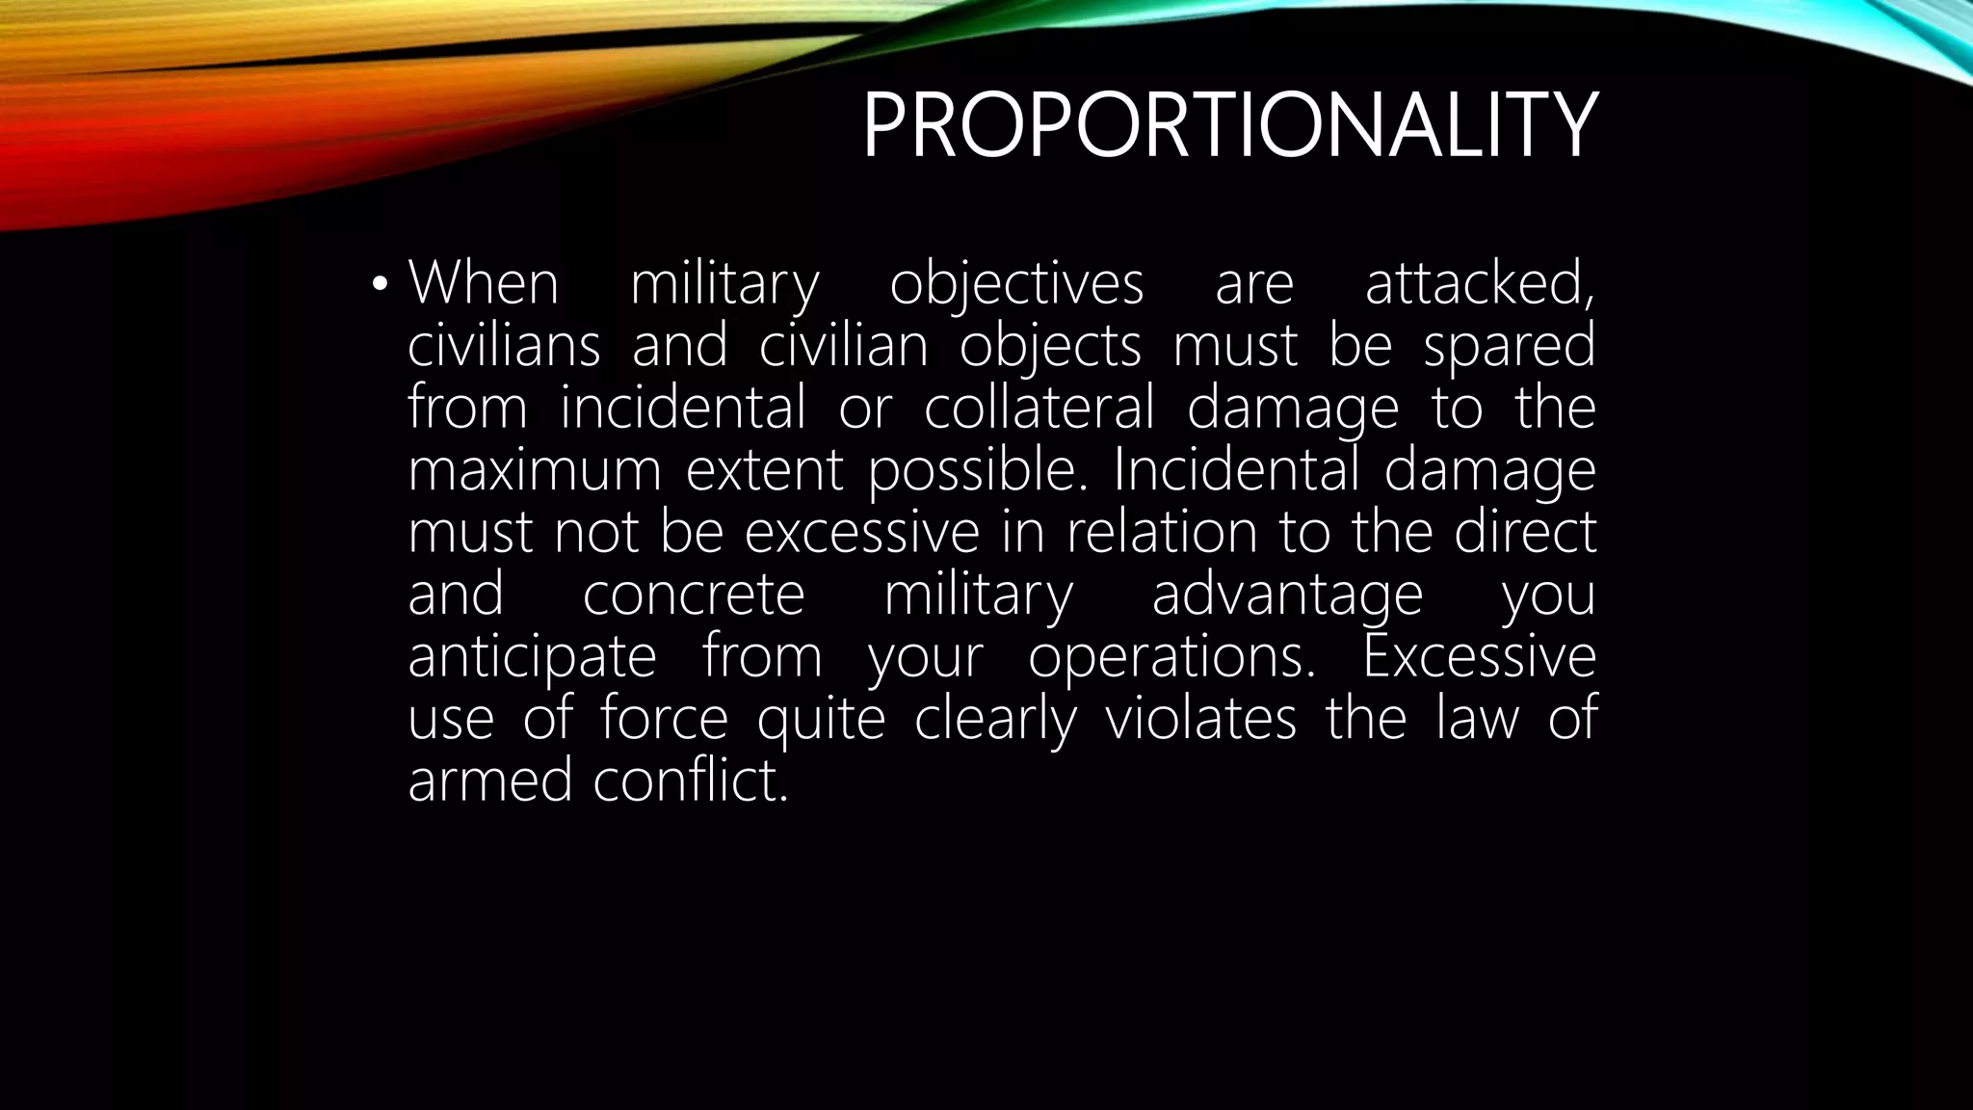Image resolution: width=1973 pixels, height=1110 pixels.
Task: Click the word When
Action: click(484, 283)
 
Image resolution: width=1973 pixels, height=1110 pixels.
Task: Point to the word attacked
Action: click(1480, 283)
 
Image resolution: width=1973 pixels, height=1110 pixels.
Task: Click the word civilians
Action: click(504, 346)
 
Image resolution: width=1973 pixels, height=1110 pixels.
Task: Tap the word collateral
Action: click(1039, 408)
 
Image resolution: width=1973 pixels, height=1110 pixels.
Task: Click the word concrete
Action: click(694, 595)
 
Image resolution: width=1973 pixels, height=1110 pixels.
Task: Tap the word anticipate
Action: click(532, 657)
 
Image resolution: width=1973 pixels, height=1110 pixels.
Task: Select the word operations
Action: click(1171, 657)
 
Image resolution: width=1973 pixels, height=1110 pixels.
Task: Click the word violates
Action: click(1200, 719)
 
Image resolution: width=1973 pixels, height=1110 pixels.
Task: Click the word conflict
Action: click(690, 780)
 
